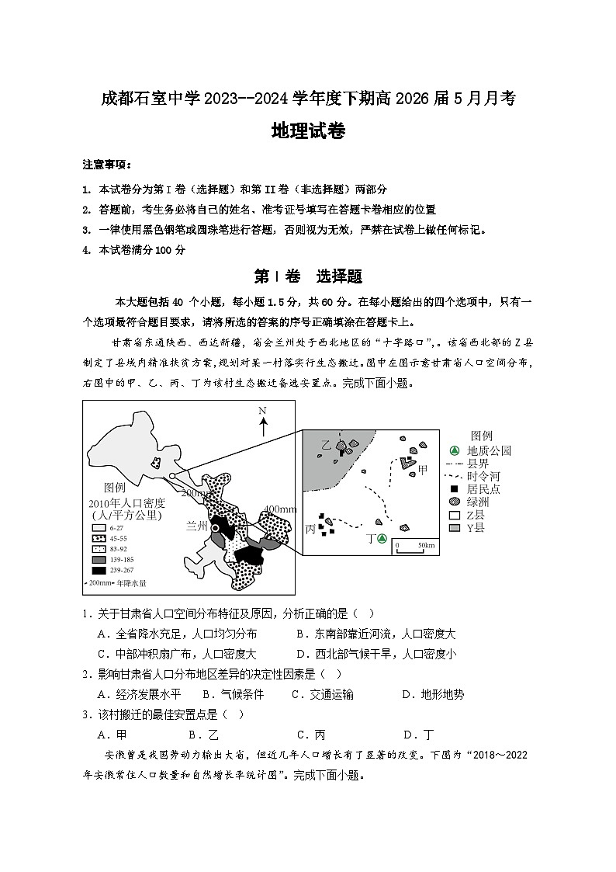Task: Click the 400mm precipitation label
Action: (280, 509)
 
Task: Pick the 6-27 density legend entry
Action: (110, 527)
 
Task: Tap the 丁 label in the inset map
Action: (370, 539)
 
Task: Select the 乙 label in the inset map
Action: (326, 444)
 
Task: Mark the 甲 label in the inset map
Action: (423, 471)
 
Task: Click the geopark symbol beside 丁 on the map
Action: (382, 539)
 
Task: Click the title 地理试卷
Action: (308, 131)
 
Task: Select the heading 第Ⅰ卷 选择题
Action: (308, 276)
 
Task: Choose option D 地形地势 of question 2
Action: (432, 694)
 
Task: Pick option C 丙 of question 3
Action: (310, 735)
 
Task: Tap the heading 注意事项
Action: (107, 165)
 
